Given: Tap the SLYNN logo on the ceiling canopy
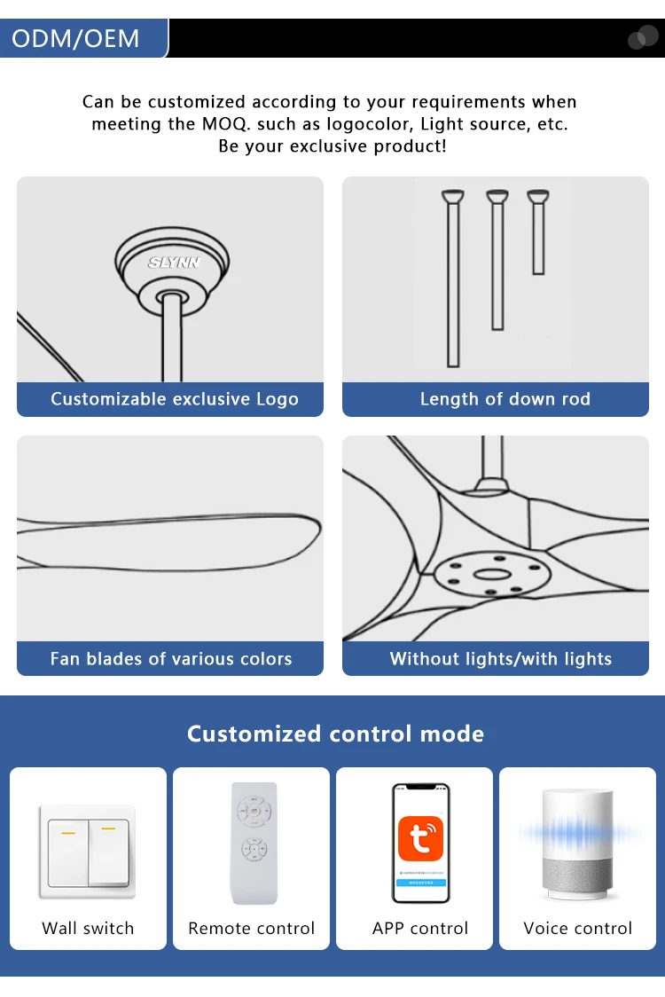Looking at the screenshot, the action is coord(174,262).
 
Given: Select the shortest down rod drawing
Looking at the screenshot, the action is coord(538,232).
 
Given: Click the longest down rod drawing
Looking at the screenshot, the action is coord(453,279).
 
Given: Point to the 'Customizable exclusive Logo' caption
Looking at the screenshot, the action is coord(174,398).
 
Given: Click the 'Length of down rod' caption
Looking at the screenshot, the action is coord(505,398).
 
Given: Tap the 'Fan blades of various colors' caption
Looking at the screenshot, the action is coord(171,658).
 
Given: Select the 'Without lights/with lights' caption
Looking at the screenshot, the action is coord(500,658).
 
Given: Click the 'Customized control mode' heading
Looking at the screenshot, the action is coord(335,734).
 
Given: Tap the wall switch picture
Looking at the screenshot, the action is coord(88,852).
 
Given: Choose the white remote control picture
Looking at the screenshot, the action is coord(254,844).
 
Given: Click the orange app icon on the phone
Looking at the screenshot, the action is coord(420,838).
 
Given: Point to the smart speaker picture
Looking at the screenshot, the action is coord(577,844).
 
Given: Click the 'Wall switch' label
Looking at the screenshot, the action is coord(88,929).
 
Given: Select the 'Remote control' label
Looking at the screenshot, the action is coord(251,929).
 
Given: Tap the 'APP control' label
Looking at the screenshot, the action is coord(420,929).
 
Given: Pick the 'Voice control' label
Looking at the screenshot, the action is coord(577,929).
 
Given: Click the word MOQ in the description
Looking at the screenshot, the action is coord(225,124).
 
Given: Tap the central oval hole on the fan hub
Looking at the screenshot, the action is coord(492,575).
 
